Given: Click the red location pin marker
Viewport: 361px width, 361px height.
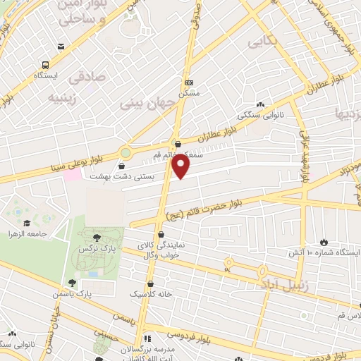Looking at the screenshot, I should pyautogui.click(x=181, y=166).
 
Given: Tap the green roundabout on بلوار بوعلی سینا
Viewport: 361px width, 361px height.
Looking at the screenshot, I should pyautogui.click(x=126, y=152).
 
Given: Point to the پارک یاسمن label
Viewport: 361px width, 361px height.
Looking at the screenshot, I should pyautogui.click(x=75, y=292).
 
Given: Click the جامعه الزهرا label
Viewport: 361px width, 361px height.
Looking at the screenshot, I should pyautogui.click(x=27, y=233).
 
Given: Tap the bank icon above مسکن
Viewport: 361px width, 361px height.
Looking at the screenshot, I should pyautogui.click(x=188, y=81).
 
